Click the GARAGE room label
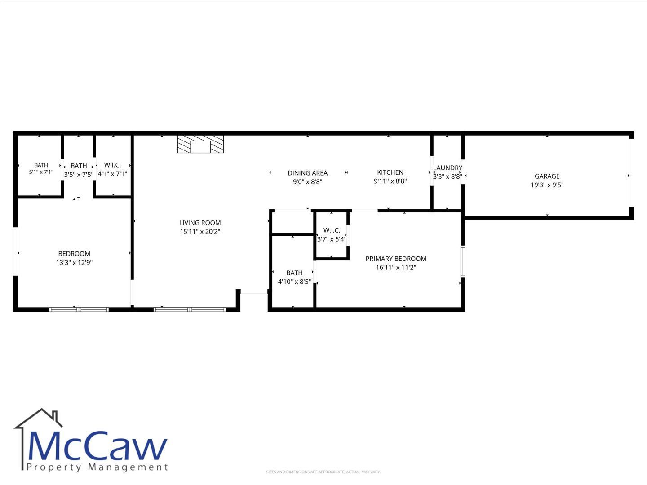pos(547,176)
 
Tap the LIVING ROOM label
pos(200,223)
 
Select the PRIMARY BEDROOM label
pos(396,259)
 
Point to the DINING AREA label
pos(307,173)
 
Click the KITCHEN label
pos(390,172)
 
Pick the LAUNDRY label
pos(448,168)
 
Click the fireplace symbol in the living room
pos(200,144)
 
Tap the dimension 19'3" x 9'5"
pos(547,185)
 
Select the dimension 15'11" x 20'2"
pos(200,232)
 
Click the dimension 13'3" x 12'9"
pos(74,262)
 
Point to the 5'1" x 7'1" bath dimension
pos(41,172)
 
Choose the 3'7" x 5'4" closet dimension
pos(332,239)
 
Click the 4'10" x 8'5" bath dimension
pos(294,282)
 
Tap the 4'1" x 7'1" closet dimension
pos(112,174)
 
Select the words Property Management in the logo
pos(97,467)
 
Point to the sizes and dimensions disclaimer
pos(323,472)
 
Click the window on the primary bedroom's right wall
pos(463,261)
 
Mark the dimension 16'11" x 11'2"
pos(396,268)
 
